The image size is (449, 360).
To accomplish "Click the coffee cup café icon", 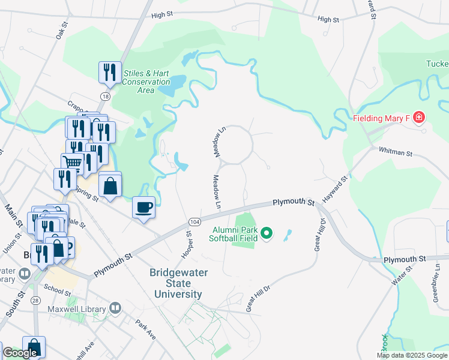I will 143,208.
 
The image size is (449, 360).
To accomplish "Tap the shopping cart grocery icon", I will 72,163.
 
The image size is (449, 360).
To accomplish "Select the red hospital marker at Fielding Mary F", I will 418,118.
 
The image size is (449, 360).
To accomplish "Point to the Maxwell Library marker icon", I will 116,309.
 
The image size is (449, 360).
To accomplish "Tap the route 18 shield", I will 106,96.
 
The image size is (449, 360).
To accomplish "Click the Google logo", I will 20,353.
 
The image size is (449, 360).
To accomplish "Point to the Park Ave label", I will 146,330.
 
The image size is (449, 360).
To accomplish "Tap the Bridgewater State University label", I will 178,283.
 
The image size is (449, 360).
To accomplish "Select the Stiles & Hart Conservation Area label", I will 146,82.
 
